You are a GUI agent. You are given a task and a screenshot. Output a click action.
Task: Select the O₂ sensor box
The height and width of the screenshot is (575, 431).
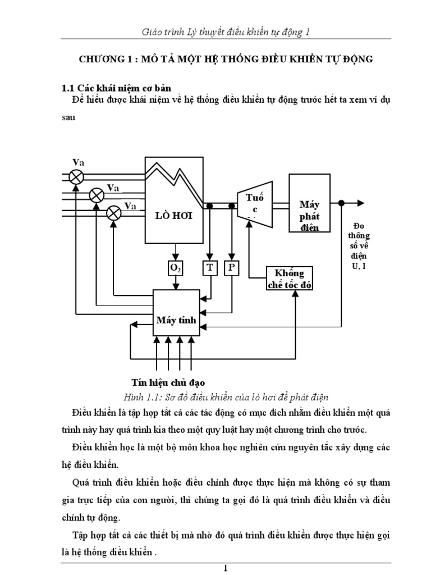[x=176, y=268]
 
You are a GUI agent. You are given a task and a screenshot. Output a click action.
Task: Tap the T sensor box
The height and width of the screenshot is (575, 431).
[x=210, y=268]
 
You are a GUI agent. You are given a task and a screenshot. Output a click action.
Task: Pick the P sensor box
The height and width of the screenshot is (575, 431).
[x=231, y=268]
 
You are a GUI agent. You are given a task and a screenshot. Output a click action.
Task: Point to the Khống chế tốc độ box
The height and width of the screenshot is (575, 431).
[x=289, y=278]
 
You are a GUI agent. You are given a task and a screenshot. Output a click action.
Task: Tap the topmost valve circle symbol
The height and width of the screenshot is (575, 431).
[x=76, y=177]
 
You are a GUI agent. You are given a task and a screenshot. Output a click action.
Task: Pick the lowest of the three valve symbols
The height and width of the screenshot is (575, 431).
[x=114, y=213]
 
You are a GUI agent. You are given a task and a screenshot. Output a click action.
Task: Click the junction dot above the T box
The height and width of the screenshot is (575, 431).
[x=210, y=207]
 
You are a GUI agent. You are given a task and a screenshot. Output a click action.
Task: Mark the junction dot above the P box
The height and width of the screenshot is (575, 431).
[x=231, y=207]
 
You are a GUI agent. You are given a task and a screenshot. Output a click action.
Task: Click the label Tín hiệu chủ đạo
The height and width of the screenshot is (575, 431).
[x=164, y=382]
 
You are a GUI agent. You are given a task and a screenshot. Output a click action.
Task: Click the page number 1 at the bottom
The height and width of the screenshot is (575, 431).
[x=225, y=568]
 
